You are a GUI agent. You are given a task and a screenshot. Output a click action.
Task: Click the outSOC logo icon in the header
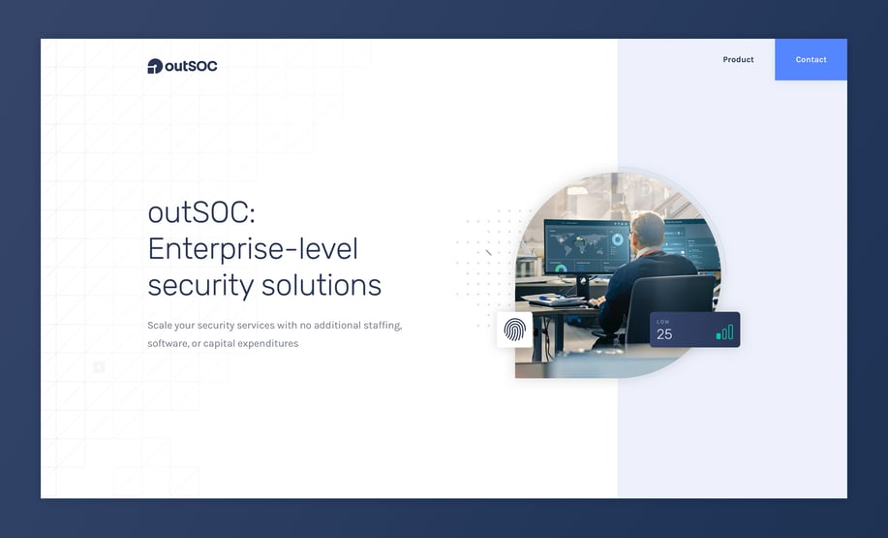155,66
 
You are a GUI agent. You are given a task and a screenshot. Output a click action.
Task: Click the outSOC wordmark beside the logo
191,66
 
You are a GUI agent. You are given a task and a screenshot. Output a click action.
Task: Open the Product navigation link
738,59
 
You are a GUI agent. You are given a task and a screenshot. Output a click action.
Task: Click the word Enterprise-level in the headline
253,249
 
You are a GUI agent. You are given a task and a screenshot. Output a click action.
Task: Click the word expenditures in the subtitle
268,343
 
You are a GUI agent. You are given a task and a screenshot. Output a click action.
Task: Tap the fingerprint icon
514,330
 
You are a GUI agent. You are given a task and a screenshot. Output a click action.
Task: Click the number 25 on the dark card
664,334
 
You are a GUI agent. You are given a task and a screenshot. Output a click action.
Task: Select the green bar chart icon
724,332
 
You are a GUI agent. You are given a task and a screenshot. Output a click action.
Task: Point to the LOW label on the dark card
662,322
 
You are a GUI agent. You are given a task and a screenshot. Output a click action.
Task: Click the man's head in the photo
647,230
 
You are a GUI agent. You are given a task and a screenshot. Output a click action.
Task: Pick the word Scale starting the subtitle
159,326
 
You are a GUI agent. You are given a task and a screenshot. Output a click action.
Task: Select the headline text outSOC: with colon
201,213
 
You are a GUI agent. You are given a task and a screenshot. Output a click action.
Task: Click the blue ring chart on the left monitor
617,239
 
